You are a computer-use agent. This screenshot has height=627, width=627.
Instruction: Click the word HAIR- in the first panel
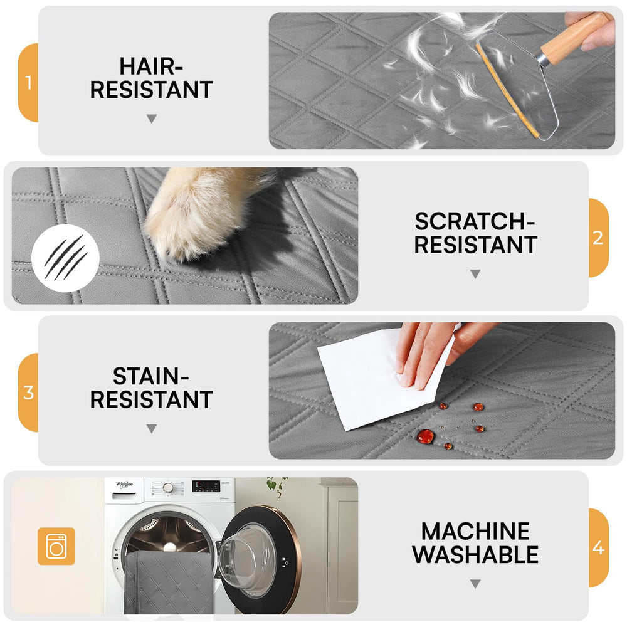tap(151, 66)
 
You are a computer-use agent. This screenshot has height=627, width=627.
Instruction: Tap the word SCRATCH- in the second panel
tap(475, 221)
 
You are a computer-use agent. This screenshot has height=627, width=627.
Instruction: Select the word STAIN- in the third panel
tap(150, 376)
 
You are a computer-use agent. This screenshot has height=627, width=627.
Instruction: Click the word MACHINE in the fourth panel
tap(475, 532)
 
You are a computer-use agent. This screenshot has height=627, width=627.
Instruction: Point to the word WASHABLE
tap(475, 555)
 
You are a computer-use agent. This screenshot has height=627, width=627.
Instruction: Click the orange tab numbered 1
tap(28, 82)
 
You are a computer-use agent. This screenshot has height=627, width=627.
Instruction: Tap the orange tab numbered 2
tap(599, 238)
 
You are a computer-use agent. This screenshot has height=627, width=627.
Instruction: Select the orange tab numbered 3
tap(28, 393)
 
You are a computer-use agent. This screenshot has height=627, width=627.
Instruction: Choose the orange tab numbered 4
tap(599, 547)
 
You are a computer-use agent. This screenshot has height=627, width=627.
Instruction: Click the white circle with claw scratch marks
tap(65, 258)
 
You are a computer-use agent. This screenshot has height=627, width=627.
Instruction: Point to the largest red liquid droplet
tap(425, 436)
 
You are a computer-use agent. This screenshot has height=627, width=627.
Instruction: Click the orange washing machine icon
tap(56, 546)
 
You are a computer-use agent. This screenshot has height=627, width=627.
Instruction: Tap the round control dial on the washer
tap(168, 488)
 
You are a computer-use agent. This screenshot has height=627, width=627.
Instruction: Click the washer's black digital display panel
tap(206, 486)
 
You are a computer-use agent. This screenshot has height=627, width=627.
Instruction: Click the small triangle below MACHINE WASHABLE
tap(475, 584)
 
